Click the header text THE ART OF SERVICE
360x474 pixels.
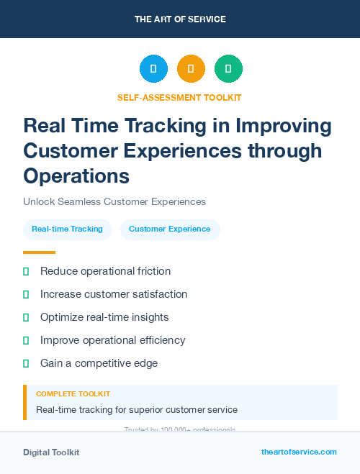click(180, 19)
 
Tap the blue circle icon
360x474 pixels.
click(153, 69)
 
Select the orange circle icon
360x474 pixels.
click(191, 69)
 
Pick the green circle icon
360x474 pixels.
click(228, 69)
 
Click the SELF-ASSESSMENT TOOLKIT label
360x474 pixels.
click(179, 97)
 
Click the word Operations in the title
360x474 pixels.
click(76, 176)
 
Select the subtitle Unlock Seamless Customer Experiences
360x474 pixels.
click(114, 202)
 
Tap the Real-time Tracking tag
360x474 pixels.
click(67, 229)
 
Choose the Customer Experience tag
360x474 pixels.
click(170, 229)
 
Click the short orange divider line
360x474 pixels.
click(39, 252)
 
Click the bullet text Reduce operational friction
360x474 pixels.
click(106, 271)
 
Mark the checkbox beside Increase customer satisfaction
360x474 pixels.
click(27, 294)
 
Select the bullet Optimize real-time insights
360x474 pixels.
click(104, 317)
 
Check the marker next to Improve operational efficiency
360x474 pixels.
click(27, 340)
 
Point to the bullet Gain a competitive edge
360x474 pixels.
click(99, 363)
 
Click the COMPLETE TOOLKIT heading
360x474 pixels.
click(73, 394)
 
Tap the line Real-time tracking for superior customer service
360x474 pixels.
click(137, 410)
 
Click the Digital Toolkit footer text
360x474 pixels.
click(51, 452)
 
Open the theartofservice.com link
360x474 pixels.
click(299, 452)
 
